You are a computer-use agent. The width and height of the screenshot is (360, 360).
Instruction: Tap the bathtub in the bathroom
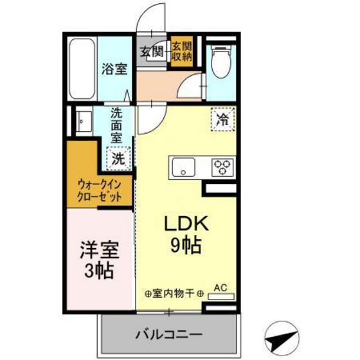[82, 69]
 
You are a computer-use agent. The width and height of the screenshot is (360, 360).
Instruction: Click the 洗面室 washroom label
[116, 123]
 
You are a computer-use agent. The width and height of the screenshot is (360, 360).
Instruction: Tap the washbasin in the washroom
[82, 122]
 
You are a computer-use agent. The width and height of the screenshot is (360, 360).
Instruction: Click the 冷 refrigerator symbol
[222, 120]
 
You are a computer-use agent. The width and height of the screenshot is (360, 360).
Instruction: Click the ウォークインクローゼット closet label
[100, 190]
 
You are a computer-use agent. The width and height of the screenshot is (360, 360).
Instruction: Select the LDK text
[183, 224]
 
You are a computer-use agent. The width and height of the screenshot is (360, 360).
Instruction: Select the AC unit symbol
[221, 297]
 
